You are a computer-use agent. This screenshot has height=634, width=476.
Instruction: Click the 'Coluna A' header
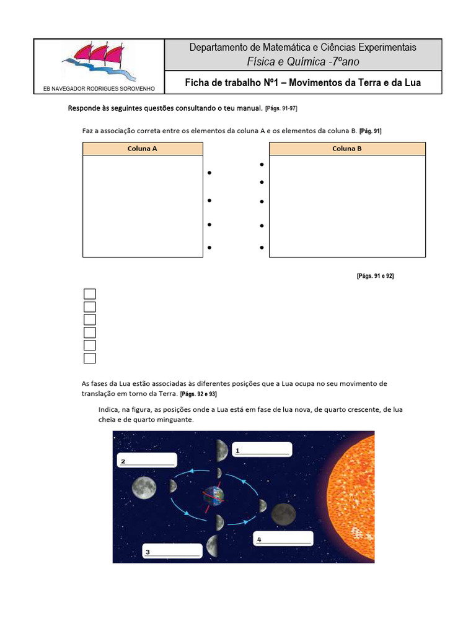click(142, 149)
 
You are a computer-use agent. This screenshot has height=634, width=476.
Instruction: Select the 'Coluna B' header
click(347, 149)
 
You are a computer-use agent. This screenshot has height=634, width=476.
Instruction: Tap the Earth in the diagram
click(212, 496)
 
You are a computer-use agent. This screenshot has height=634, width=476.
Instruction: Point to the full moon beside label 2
click(143, 487)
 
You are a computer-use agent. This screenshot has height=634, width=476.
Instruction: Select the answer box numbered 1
click(262, 450)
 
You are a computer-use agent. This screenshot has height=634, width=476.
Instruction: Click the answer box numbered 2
click(147, 460)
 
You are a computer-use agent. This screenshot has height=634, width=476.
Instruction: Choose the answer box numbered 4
click(283, 539)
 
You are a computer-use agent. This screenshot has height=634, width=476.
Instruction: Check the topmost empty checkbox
click(90, 294)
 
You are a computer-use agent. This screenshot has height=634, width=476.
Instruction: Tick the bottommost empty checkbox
click(90, 358)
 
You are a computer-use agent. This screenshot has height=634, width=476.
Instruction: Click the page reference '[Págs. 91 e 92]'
click(375, 276)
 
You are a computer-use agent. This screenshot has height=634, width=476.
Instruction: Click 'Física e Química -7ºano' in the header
click(302, 61)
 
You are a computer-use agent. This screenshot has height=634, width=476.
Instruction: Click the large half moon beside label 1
click(221, 451)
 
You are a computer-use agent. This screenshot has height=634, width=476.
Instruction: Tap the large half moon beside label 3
click(212, 545)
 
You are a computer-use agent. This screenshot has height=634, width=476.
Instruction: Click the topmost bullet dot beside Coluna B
click(262, 165)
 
